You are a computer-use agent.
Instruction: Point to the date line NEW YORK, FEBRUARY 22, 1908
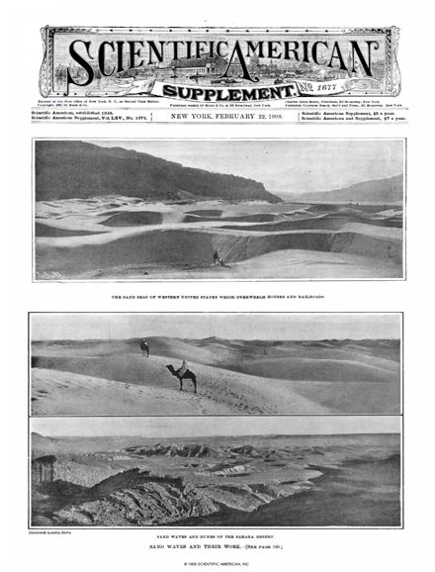click(217, 116)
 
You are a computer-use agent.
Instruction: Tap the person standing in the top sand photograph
click(217, 257)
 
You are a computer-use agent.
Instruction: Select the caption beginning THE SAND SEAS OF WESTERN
click(217, 296)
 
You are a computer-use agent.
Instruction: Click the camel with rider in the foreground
click(181, 376)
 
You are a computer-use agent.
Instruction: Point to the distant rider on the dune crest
click(145, 347)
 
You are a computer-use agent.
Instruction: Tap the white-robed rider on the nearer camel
click(181, 367)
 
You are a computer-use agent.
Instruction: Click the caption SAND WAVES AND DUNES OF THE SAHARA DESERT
click(217, 535)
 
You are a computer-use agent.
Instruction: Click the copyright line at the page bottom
click(217, 564)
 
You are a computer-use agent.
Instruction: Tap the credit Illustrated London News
click(56, 532)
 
